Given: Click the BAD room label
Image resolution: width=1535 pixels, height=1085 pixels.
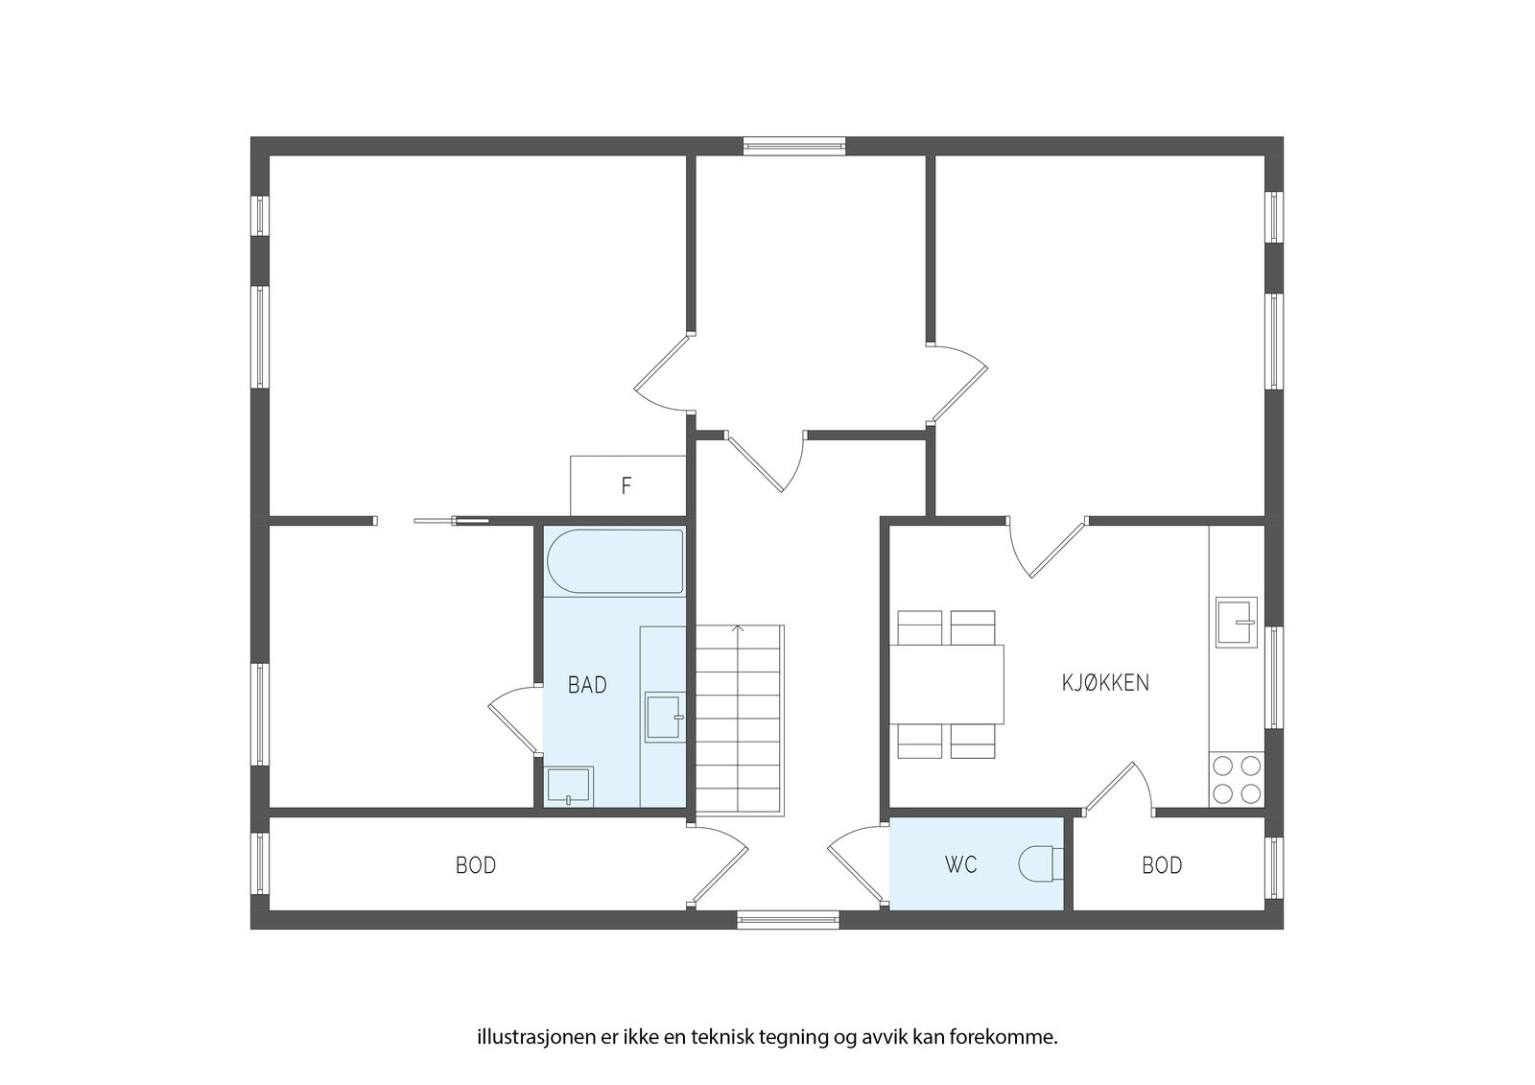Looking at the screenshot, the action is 587,685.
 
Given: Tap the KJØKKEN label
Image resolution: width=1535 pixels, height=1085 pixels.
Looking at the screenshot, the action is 1105,683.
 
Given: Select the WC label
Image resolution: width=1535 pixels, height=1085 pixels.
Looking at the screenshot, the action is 960,865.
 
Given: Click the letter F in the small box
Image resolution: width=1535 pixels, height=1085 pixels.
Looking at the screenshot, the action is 626,486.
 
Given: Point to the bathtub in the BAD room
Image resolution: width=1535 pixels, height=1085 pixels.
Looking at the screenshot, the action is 615,561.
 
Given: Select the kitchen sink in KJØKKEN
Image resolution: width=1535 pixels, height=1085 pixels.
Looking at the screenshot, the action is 1237,623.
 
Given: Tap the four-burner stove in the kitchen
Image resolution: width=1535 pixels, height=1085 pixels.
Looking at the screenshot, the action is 1237,779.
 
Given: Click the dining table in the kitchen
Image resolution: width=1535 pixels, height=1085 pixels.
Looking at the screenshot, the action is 946,684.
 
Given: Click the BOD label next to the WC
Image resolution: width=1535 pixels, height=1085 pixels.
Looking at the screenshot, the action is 1162,865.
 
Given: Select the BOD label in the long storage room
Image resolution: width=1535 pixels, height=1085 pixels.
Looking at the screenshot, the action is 476,865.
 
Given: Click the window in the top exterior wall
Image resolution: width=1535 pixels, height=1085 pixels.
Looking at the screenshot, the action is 794,145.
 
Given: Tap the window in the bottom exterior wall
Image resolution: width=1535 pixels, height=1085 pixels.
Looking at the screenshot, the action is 788,920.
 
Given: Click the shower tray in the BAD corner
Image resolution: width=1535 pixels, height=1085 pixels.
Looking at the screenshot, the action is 569,786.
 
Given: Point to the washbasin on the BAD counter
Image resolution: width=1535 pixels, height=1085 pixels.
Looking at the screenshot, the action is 664,718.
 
